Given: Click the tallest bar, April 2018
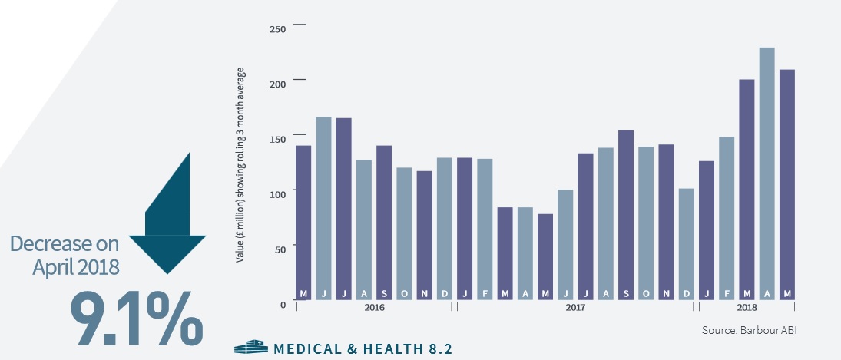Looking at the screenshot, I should pos(766,173).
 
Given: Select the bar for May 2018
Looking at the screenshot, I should pos(786,184).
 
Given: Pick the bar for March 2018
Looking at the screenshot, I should pos(746,189).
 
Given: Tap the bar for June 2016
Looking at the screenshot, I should pos(323,207).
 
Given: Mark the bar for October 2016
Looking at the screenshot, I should pos(404,233).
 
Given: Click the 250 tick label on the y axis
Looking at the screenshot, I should pos(277,29).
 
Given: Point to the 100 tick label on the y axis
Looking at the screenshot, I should pos(277,194).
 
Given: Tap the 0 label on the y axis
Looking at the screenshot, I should pos(283,305).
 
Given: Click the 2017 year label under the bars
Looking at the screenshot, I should pos(575,308).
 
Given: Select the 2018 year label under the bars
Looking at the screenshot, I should pos(746,308).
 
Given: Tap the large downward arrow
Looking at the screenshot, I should pos(167,215).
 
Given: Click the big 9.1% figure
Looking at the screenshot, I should pos(137,315).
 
